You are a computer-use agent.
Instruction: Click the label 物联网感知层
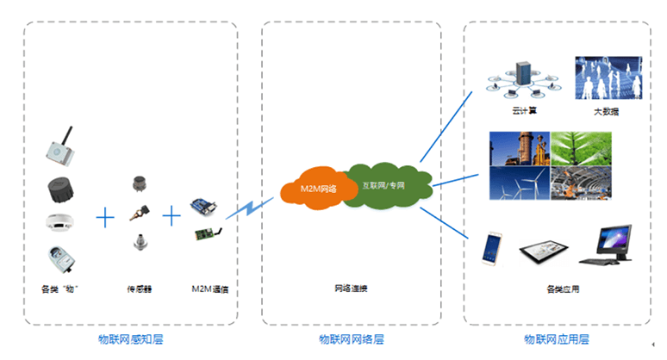[x=130, y=339]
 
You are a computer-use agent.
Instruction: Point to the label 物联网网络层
[x=352, y=339]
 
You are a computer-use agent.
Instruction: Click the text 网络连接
[x=352, y=289]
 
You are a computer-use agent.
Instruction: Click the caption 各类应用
[x=563, y=289]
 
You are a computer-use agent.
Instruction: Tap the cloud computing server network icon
[x=520, y=78]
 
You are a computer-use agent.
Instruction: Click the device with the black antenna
[x=59, y=146]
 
